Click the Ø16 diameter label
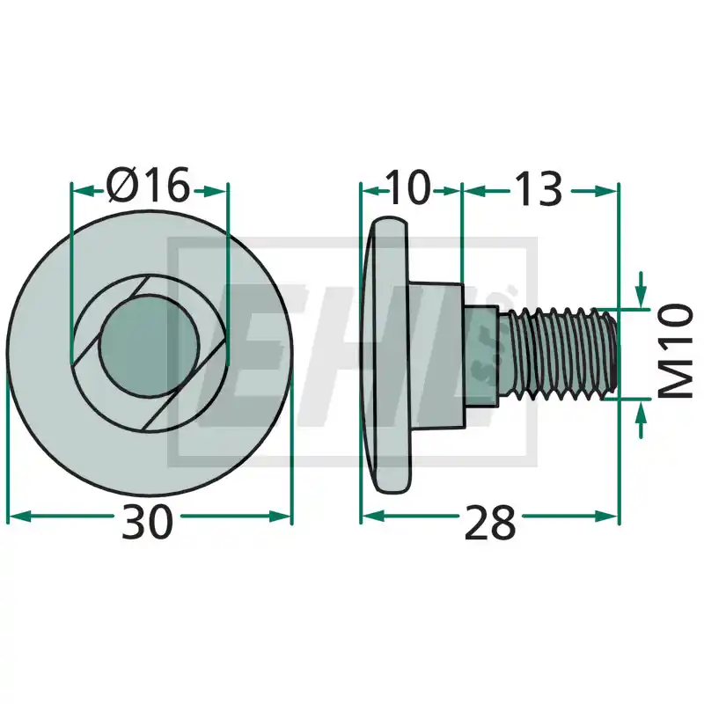149,185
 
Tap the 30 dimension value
147,522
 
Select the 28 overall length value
490,522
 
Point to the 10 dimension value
407,187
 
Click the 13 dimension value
538,188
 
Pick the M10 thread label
676,351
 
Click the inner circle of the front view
149,345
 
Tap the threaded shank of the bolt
560,353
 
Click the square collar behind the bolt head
436,355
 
